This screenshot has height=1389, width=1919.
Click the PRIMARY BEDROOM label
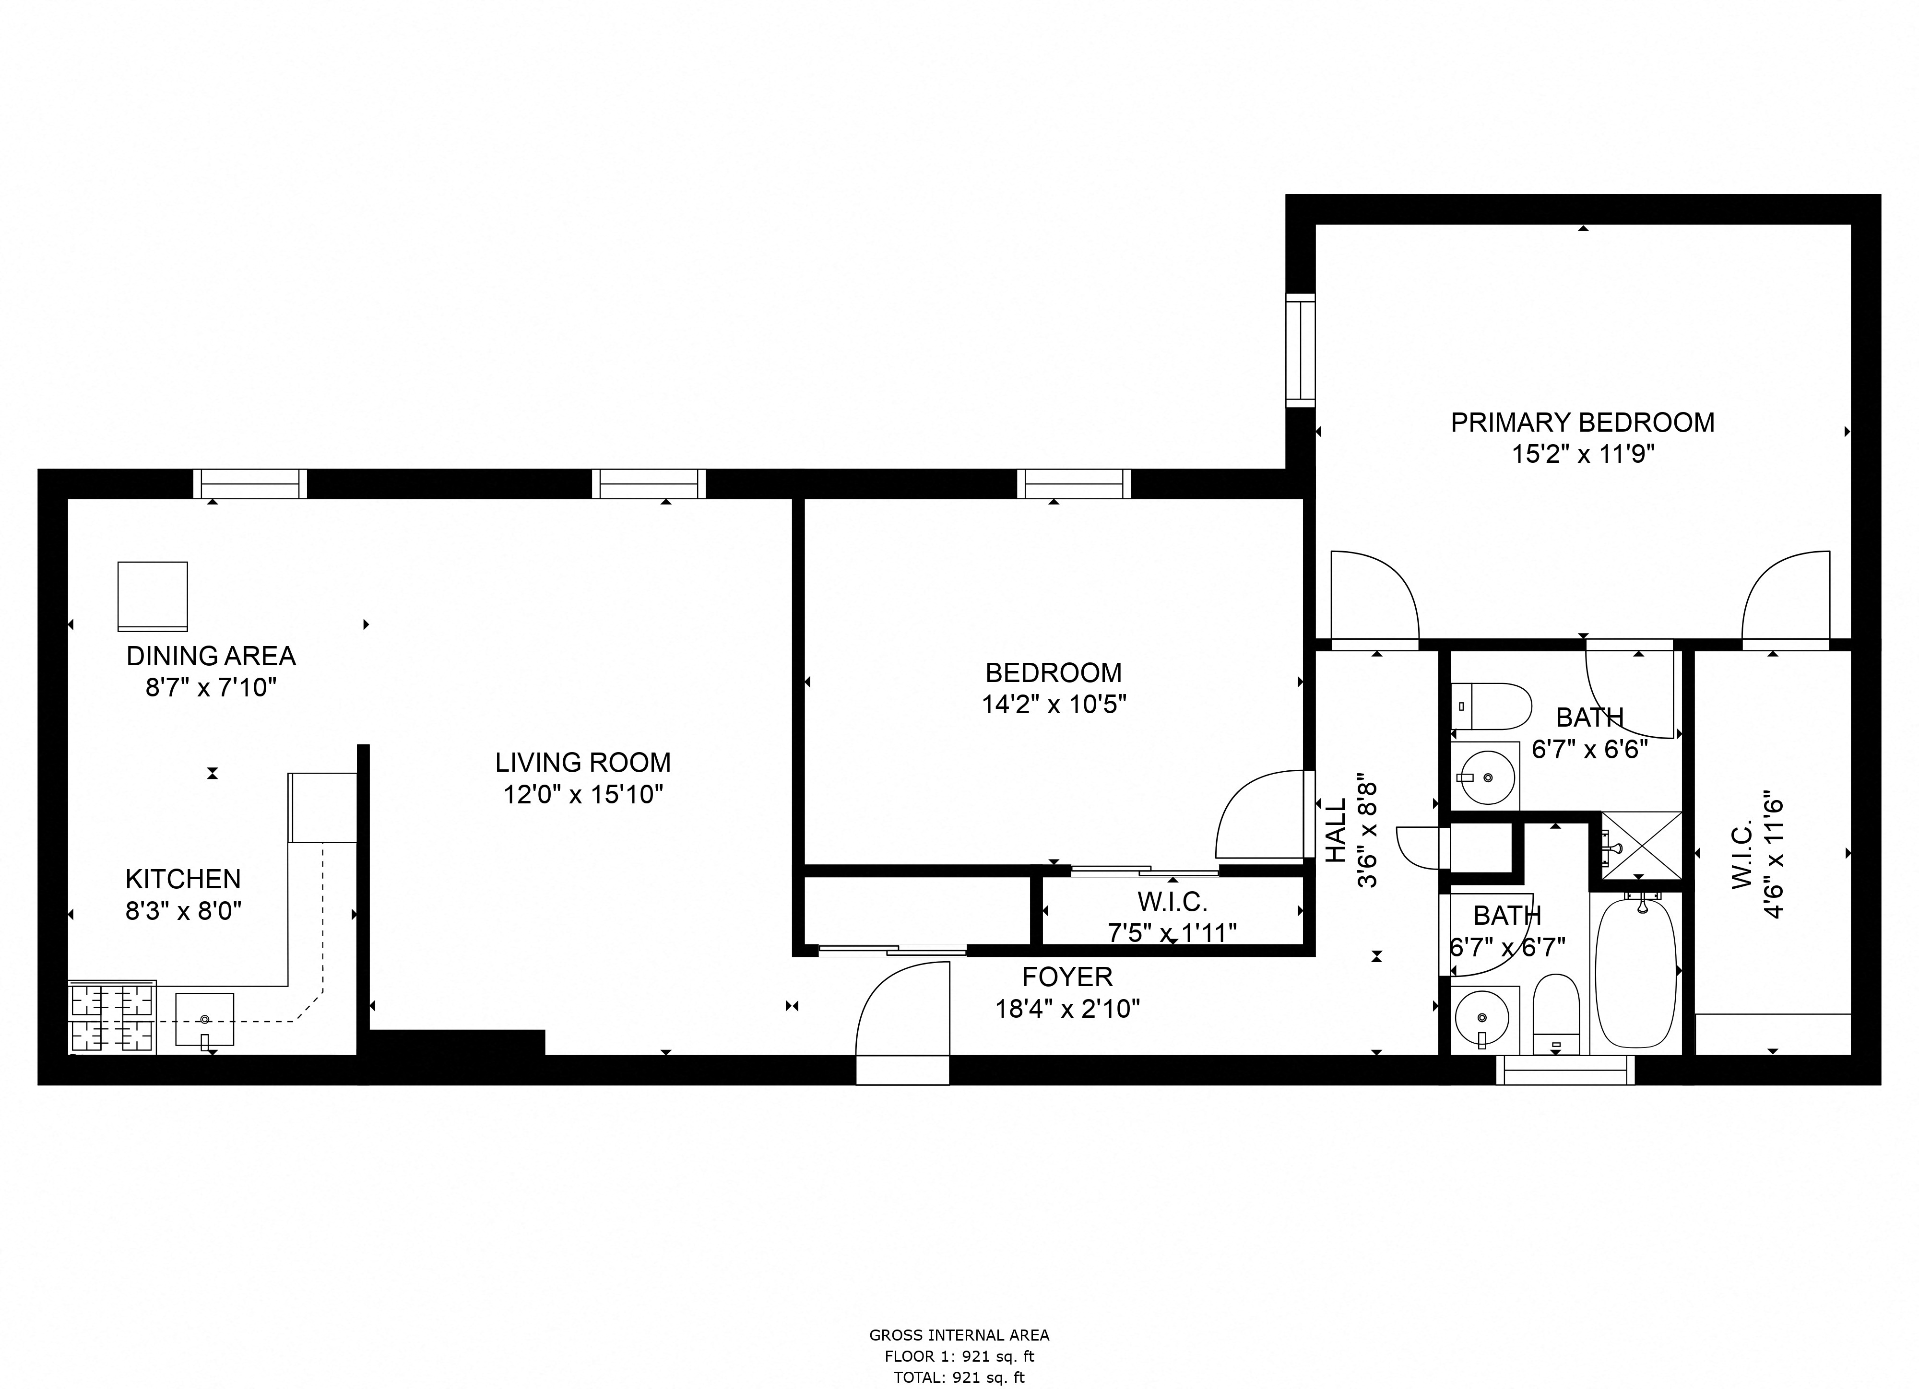coord(1582,422)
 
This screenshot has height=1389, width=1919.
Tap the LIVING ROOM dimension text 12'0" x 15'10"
coord(583,794)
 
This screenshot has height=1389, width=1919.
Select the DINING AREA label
coord(211,656)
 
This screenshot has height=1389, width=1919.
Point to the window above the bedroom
coord(1074,484)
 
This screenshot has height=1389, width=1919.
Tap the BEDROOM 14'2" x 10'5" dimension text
coord(1054,704)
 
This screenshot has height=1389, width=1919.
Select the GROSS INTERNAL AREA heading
coord(959,1335)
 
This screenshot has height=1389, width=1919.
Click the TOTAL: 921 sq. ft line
coord(959,1377)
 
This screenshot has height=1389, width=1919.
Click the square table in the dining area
coord(152,596)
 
